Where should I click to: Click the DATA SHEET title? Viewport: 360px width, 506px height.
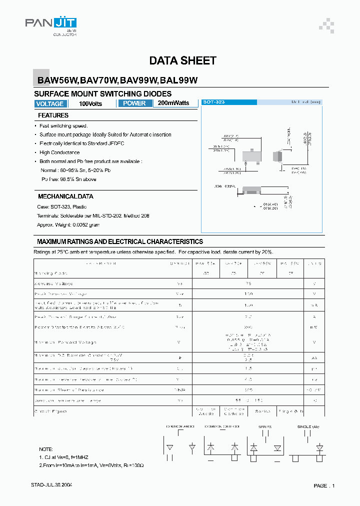click(182, 60)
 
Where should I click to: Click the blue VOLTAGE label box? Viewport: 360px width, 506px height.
click(50, 104)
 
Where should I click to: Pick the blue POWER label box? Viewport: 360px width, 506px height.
click(134, 103)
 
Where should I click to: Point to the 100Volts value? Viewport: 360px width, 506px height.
click(90, 104)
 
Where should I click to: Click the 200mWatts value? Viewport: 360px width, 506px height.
click(173, 103)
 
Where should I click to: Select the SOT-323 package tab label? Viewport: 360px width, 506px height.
click(213, 102)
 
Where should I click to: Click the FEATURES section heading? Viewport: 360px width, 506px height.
click(53, 115)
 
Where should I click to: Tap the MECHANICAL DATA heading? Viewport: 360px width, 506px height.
click(65, 196)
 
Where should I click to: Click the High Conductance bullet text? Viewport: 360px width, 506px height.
click(59, 152)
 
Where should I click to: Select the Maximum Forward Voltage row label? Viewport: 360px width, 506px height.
click(65, 342)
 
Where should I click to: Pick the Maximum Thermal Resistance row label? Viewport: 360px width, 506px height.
click(69, 389)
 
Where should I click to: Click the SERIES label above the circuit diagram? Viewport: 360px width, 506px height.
click(264, 426)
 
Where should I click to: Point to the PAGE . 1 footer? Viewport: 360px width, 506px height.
click(324, 485)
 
